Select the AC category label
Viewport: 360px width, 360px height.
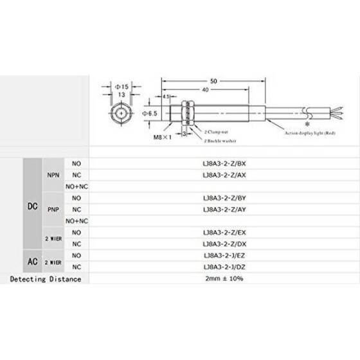tap(33, 261)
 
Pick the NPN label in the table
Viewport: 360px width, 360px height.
tap(53, 174)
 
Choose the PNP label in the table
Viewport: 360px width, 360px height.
tap(53, 209)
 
